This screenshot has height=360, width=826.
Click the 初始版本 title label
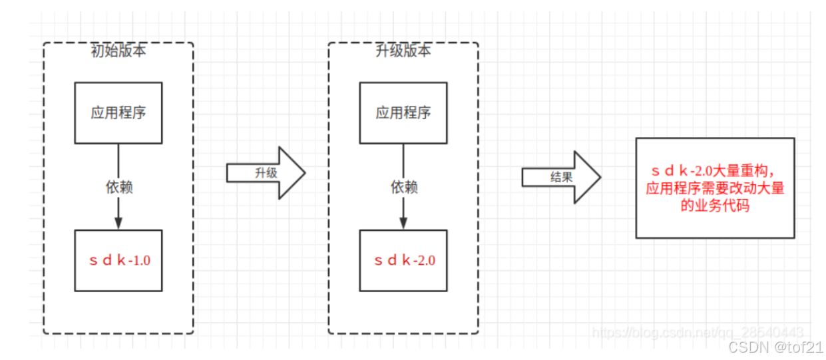(x=118, y=51)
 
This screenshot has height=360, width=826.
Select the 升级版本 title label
(x=403, y=51)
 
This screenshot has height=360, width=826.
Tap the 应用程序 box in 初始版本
(x=118, y=112)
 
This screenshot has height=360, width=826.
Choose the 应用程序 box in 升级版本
(x=403, y=112)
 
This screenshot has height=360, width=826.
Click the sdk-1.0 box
(x=118, y=260)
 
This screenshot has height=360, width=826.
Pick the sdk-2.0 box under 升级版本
(x=403, y=260)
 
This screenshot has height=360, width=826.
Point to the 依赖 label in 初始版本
(x=118, y=188)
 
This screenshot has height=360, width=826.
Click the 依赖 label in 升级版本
(x=403, y=188)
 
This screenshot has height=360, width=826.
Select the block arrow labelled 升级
(x=266, y=172)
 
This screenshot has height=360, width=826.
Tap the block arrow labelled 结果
(x=561, y=177)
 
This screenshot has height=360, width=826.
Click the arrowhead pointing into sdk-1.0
(x=118, y=223)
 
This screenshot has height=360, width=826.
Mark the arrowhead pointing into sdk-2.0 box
(x=403, y=223)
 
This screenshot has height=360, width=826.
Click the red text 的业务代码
(x=715, y=206)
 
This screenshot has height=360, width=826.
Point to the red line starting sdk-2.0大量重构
(x=715, y=173)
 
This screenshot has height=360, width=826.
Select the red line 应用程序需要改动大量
(x=715, y=189)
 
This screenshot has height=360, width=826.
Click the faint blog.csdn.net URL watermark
(x=698, y=331)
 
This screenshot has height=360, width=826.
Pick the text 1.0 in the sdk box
(x=141, y=260)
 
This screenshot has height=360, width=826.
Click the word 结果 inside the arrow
(x=561, y=177)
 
